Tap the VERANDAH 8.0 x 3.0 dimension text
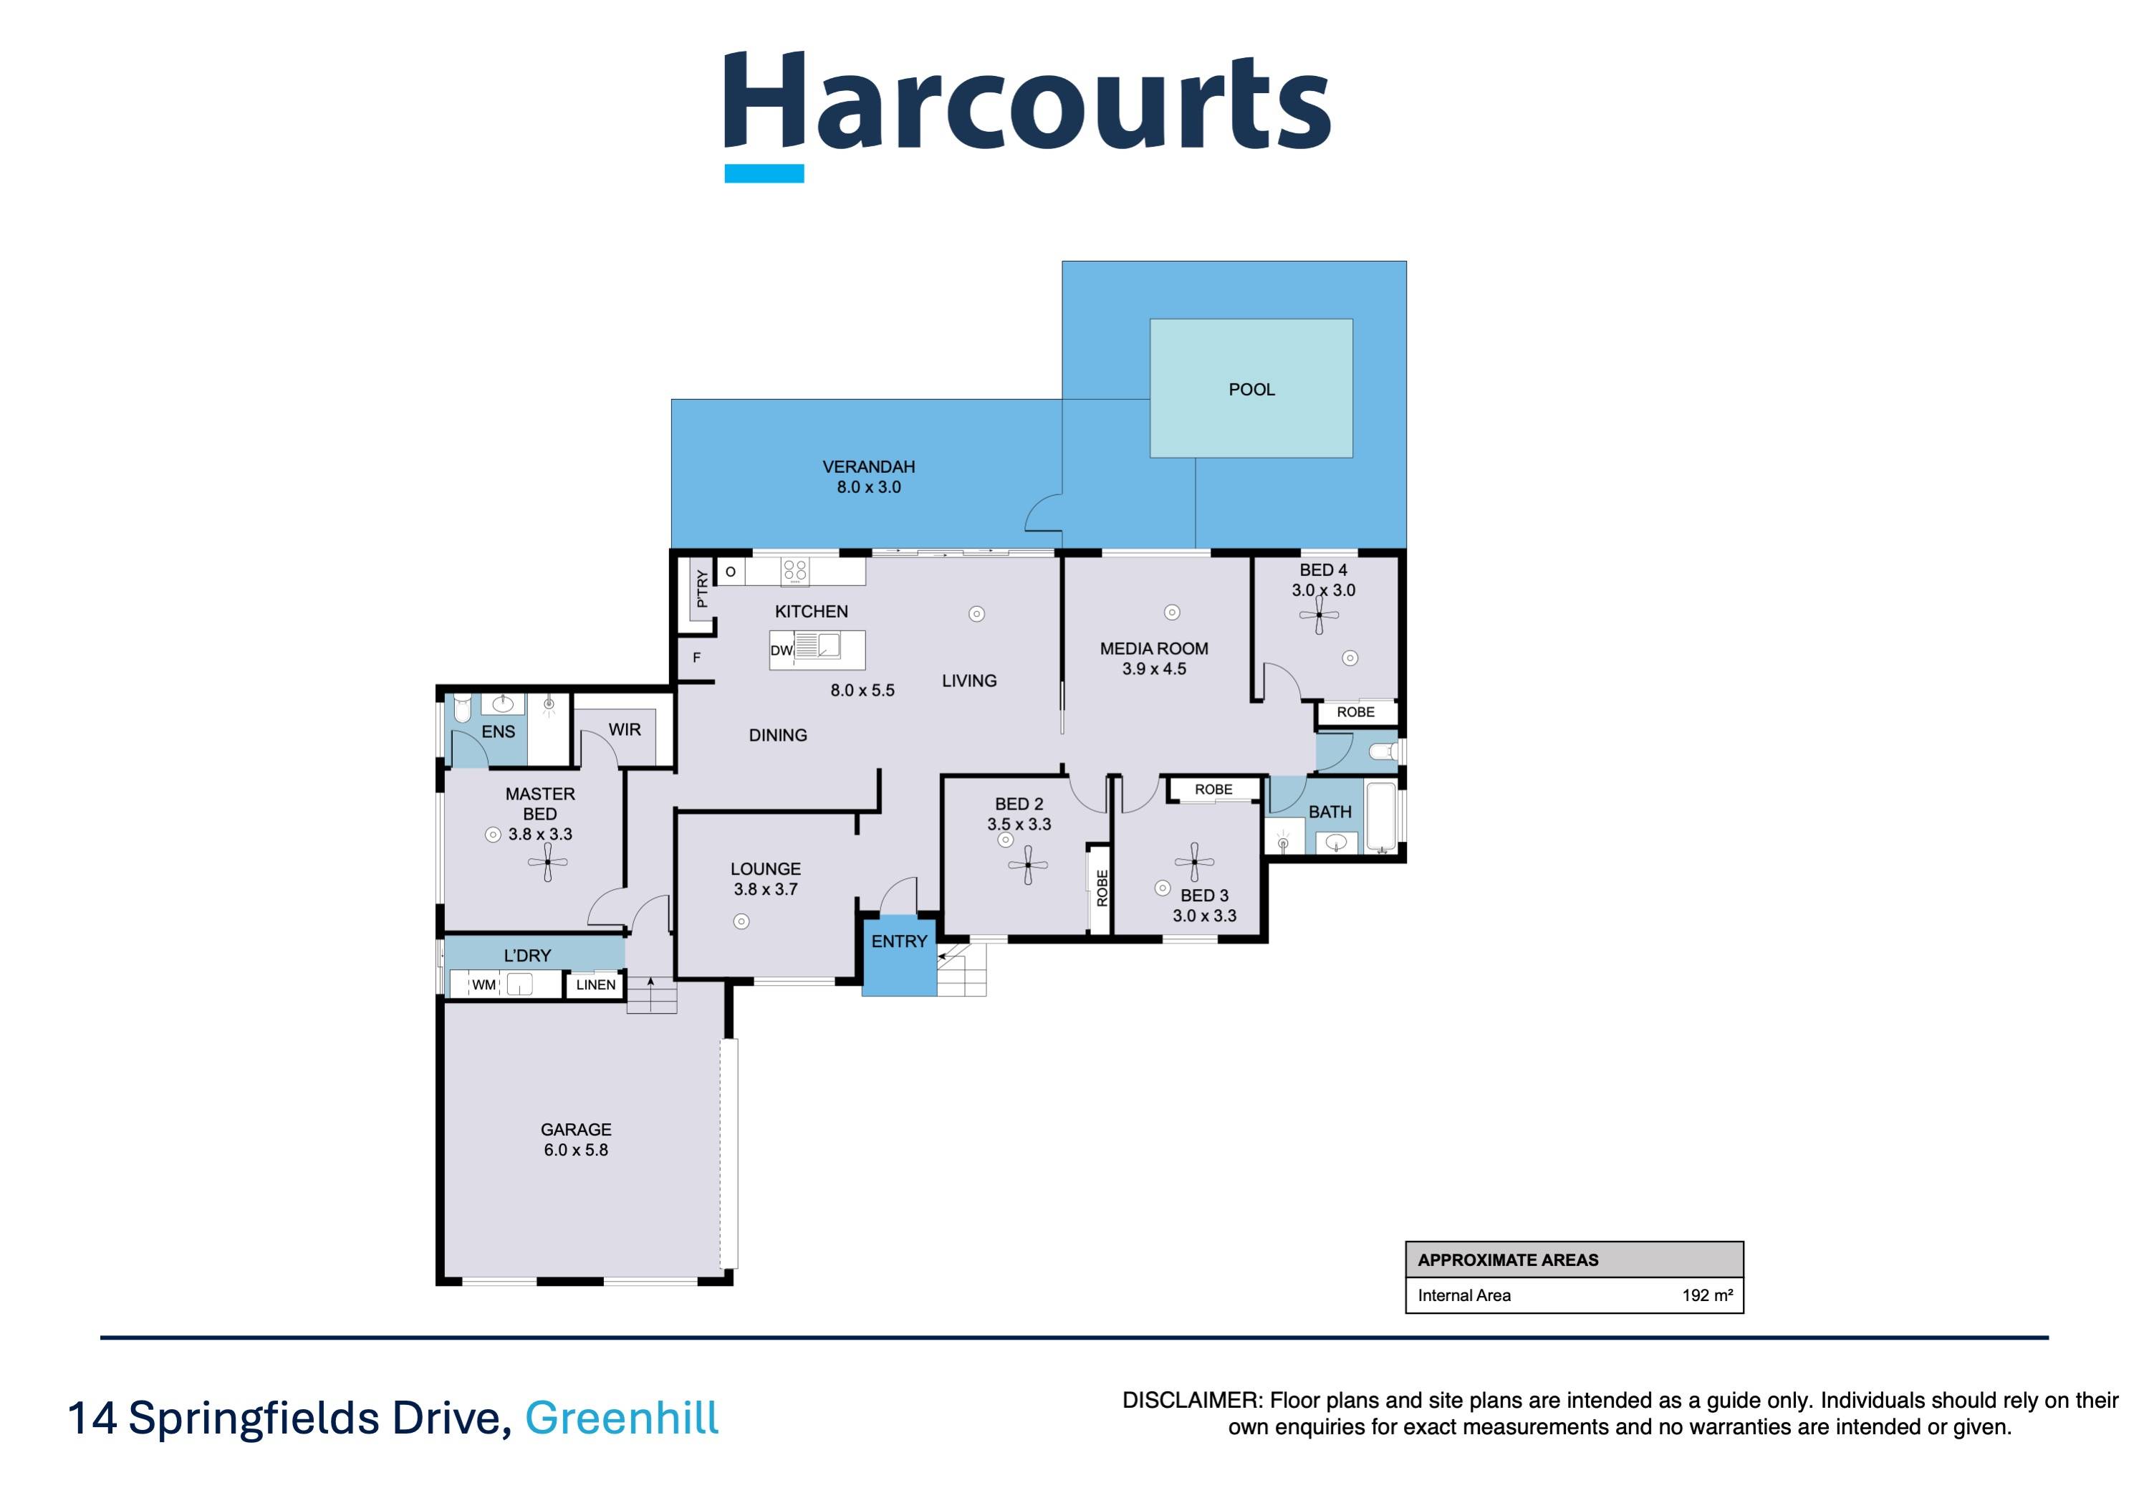click(x=868, y=486)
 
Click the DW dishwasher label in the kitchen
click(x=782, y=651)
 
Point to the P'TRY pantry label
click(x=702, y=588)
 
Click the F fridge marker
click(x=696, y=657)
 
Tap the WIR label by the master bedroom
click(x=624, y=729)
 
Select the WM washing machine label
click(x=483, y=984)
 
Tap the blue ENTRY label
click(x=899, y=941)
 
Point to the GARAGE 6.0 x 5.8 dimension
click(x=575, y=1150)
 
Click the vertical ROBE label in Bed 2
click(x=1102, y=888)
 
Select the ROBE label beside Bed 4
click(x=1355, y=711)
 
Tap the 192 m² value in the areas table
click(x=1706, y=1295)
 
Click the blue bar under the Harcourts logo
click(x=764, y=173)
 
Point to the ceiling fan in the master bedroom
click(x=547, y=863)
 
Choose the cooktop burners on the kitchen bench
click(x=794, y=570)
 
